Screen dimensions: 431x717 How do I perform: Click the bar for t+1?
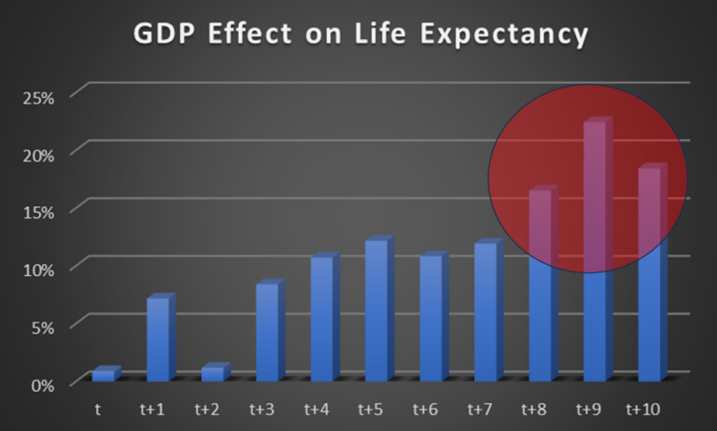(159, 340)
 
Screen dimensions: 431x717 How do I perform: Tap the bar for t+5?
(376, 311)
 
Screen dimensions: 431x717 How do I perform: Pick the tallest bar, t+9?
(596, 252)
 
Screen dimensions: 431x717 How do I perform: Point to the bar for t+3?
(267, 332)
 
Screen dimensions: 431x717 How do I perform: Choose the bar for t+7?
(485, 312)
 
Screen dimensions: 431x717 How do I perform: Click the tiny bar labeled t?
(104, 375)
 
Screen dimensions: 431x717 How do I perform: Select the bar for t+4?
(322, 318)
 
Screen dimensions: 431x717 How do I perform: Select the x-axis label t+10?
(643, 409)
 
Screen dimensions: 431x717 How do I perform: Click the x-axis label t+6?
(427, 409)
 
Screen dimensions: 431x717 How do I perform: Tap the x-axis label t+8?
(536, 409)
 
